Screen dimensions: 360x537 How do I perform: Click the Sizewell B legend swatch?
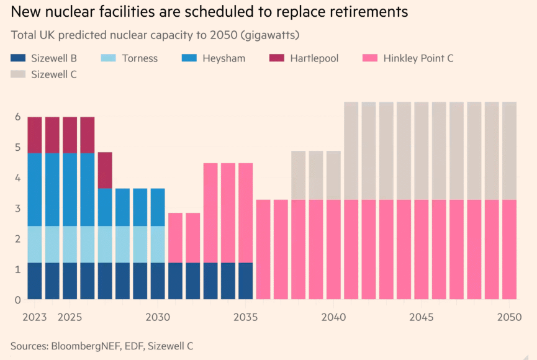tap(19, 58)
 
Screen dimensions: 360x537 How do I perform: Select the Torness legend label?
tap(140, 58)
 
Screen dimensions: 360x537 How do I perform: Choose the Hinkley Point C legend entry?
tap(418, 58)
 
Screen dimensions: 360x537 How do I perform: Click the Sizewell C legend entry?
tap(53, 74)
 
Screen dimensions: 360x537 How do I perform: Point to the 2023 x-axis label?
tap(35, 318)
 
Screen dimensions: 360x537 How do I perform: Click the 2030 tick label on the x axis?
tap(158, 318)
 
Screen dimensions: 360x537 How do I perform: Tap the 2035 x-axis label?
tap(246, 318)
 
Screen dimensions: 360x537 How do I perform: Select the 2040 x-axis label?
tap(333, 318)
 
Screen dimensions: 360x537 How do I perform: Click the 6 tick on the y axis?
tap(19, 117)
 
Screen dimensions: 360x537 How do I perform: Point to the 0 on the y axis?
tap(19, 300)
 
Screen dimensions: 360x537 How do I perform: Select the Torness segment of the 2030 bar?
tap(158, 244)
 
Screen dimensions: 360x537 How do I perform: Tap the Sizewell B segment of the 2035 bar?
tap(246, 281)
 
